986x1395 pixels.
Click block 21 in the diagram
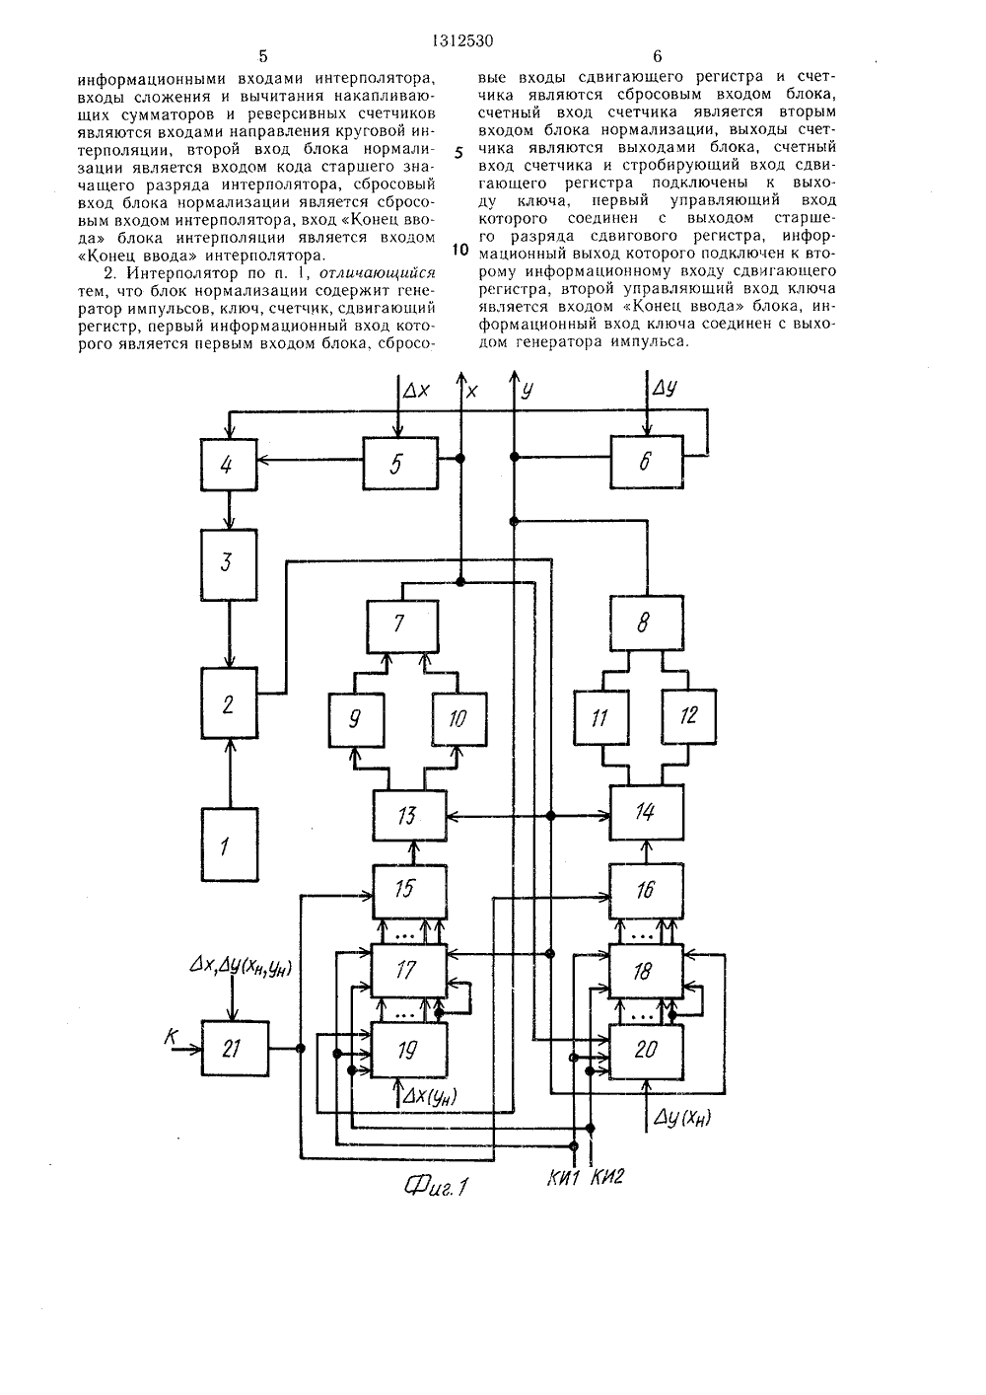[236, 1049]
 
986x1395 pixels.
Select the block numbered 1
[229, 844]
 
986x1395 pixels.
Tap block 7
[402, 625]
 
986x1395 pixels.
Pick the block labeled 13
[409, 815]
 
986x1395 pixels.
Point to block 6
[646, 462]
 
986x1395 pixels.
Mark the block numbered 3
[229, 564]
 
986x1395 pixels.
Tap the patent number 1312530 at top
[462, 41]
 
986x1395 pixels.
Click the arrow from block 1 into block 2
[229, 772]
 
